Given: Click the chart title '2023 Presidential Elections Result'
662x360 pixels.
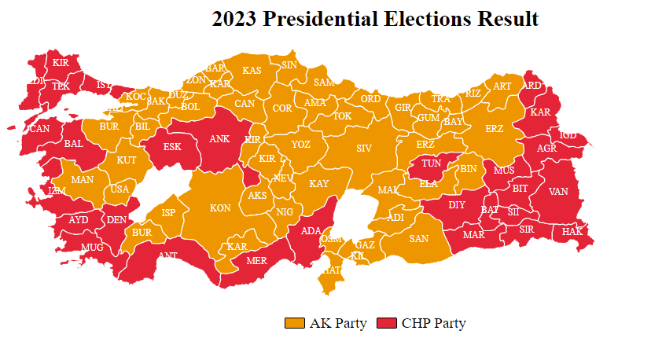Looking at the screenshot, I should click(375, 19).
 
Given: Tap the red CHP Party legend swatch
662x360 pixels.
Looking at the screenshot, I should click(387, 323).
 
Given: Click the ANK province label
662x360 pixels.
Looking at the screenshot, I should click(219, 139).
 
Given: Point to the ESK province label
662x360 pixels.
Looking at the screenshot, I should click(172, 146).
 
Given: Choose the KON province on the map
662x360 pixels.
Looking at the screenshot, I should click(220, 208).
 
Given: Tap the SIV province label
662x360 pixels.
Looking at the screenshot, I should click(363, 148).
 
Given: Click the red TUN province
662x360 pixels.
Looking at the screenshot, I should click(431, 163).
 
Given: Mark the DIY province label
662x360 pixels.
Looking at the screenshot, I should click(457, 205).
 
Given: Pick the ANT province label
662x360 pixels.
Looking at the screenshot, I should click(167, 255).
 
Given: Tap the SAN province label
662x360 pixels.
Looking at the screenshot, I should click(418, 239).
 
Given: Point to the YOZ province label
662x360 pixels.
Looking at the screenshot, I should click(300, 145).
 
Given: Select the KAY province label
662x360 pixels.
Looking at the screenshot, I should click(318, 184).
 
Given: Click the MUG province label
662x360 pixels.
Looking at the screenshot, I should click(92, 247).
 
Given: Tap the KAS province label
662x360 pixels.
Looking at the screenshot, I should click(252, 71).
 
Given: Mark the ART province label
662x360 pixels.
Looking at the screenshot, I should click(502, 86).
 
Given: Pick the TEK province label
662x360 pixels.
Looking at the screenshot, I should click(61, 86).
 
